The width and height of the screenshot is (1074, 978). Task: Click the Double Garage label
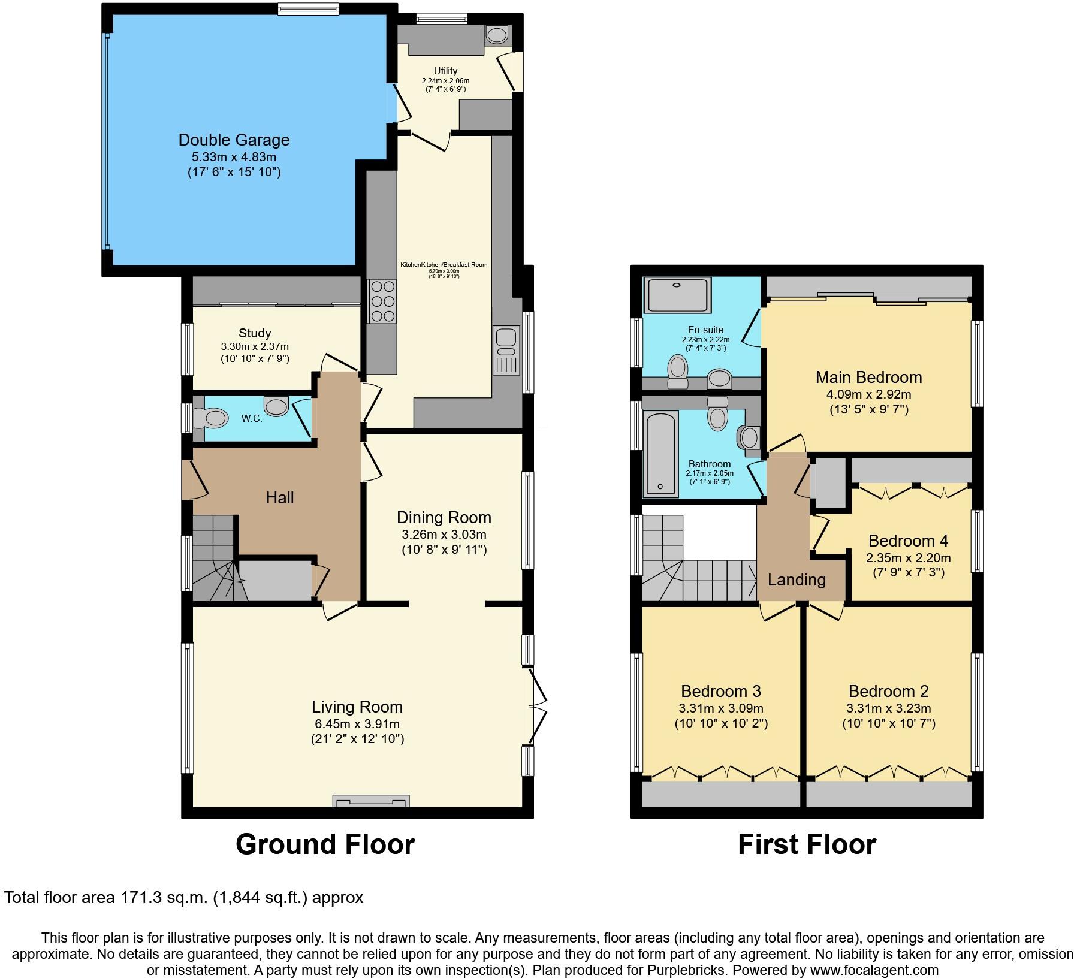click(234, 140)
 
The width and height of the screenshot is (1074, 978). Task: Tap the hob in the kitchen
click(382, 301)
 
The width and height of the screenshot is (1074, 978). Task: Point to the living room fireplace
click(372, 801)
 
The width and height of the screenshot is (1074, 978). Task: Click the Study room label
click(255, 333)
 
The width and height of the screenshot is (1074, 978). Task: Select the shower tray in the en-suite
click(677, 295)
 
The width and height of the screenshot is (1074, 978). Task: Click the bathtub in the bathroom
click(660, 454)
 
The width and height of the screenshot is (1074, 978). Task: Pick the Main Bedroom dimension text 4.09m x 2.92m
click(869, 395)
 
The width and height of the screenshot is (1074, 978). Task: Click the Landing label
click(797, 579)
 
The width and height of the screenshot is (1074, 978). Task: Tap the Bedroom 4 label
click(908, 541)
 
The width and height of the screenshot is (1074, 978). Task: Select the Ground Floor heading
click(325, 844)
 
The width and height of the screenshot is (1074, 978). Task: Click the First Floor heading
click(807, 844)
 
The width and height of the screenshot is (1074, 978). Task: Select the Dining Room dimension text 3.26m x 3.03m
click(444, 535)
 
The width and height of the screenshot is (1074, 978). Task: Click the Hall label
click(280, 497)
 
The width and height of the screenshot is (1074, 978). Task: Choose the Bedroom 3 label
click(721, 691)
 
